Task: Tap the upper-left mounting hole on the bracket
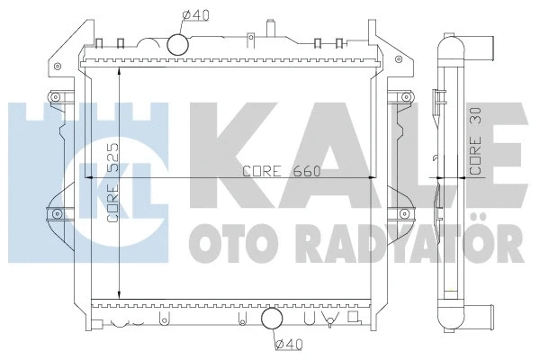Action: (x=57, y=97)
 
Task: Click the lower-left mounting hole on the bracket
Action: (x=57, y=213)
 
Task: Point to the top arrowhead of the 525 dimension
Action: (x=121, y=68)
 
